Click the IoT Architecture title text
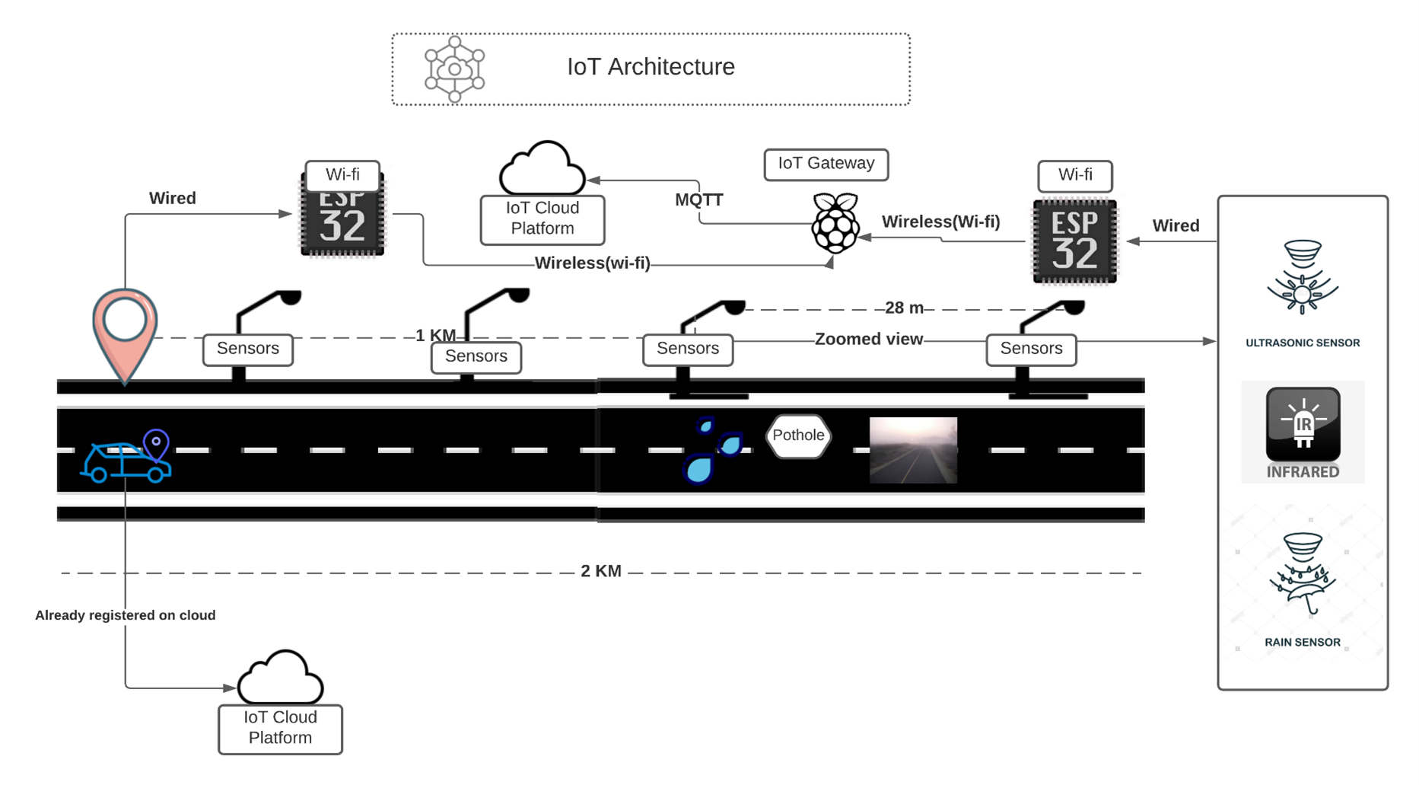pos(651,67)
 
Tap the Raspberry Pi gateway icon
pos(835,224)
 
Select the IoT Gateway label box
pos(826,164)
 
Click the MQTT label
pos(698,200)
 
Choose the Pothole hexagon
pos(798,436)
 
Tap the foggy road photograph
pos(913,450)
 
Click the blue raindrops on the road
pos(711,451)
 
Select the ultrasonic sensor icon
pos(1302,277)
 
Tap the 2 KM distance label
pos(601,571)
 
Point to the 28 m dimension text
pos(904,308)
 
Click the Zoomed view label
pos(868,340)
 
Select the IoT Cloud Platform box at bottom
pos(280,728)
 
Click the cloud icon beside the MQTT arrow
pos(542,169)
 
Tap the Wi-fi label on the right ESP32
pos(1074,175)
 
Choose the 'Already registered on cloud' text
pos(126,615)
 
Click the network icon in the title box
pos(454,69)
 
